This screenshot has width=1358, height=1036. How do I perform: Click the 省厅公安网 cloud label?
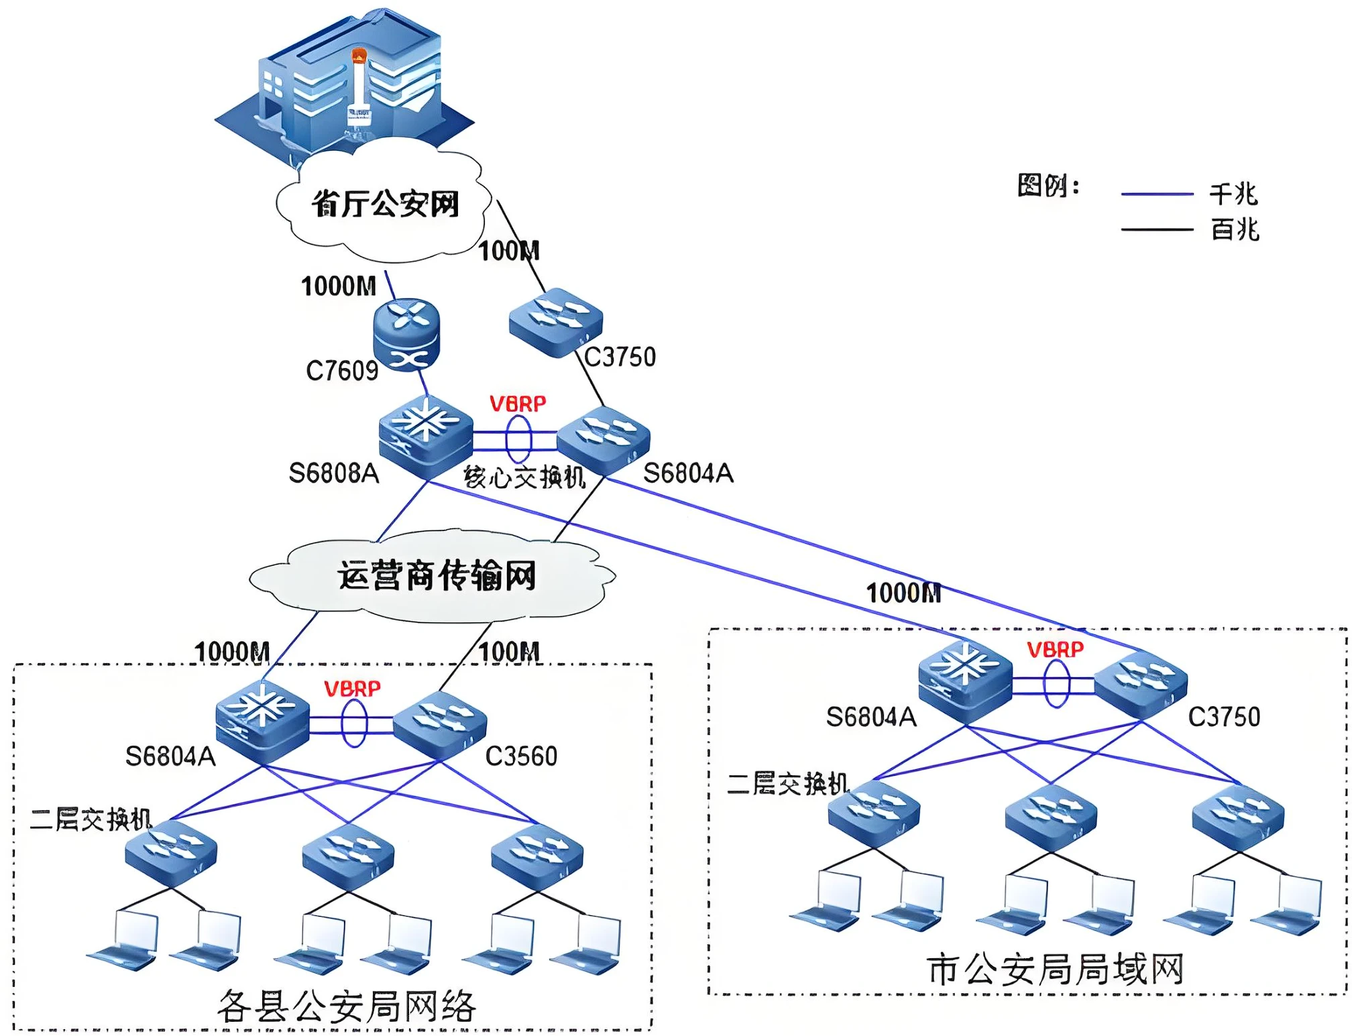click(385, 204)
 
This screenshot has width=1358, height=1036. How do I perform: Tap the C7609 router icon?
click(406, 333)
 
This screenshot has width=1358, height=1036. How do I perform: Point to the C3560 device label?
click(521, 756)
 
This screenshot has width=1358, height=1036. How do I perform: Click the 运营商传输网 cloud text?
click(437, 575)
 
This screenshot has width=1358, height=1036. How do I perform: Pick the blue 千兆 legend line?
click(1157, 194)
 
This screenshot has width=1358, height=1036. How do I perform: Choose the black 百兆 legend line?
click(1157, 230)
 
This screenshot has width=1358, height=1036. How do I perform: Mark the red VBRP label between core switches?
click(518, 404)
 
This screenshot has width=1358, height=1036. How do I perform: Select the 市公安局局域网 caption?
click(1054, 970)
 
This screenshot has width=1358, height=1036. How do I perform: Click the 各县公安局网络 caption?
click(346, 1006)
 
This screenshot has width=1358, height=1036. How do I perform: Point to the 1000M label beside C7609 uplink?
click(339, 286)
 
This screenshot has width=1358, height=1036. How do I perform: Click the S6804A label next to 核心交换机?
click(688, 473)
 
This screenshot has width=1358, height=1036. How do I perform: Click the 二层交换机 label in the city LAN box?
click(788, 783)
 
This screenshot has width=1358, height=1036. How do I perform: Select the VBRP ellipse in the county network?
click(354, 724)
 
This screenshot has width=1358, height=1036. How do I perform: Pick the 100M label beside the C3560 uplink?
click(509, 652)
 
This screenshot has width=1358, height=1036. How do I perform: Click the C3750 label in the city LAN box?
click(1224, 717)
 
